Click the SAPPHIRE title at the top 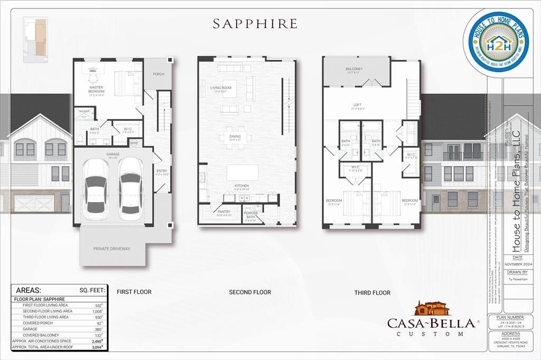(x=255, y=24)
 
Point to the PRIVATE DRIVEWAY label (x=111, y=249)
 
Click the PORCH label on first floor (x=158, y=74)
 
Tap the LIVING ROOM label (x=221, y=88)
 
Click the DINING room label (x=235, y=137)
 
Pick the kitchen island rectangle (x=242, y=173)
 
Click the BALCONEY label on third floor (x=354, y=69)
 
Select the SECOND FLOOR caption (x=250, y=292)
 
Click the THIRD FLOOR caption (x=372, y=292)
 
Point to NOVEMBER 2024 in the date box (x=520, y=264)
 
